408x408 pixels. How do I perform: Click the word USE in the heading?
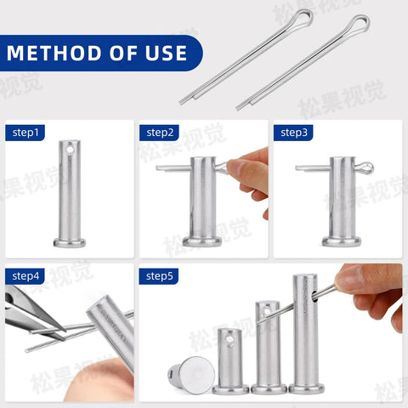(x=164, y=53)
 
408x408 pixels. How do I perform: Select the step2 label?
(x=160, y=133)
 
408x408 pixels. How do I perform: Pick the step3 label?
(x=295, y=133)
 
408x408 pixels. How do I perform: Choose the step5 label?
(x=160, y=276)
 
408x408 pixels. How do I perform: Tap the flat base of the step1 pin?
(x=70, y=242)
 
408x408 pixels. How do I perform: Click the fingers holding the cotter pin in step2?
(x=247, y=174)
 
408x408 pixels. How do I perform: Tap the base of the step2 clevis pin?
(x=202, y=241)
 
